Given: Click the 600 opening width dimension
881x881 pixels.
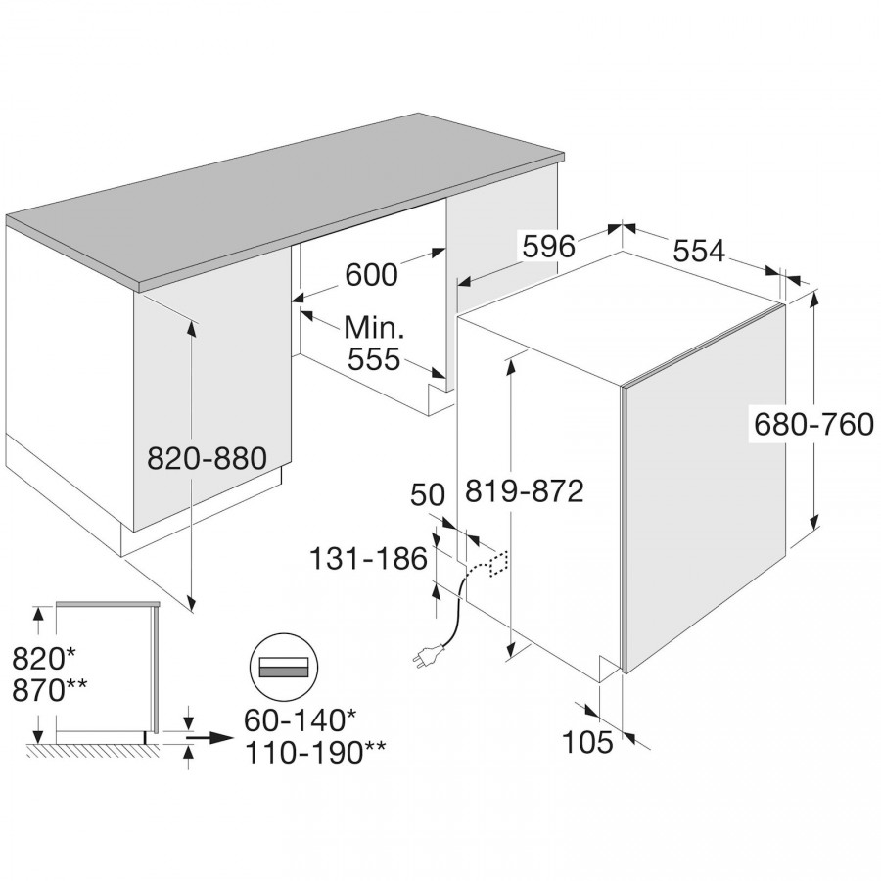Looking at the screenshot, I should point(371,275).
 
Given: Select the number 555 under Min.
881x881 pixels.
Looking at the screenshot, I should point(374,359).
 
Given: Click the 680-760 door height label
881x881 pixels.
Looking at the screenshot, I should point(813,424).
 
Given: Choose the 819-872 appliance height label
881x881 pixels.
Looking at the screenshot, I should point(524,489).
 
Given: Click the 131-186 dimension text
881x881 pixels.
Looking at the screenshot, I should point(368,559).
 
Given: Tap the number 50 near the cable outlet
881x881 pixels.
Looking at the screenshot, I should point(427,494).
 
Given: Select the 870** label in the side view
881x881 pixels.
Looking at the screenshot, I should point(48,687).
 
